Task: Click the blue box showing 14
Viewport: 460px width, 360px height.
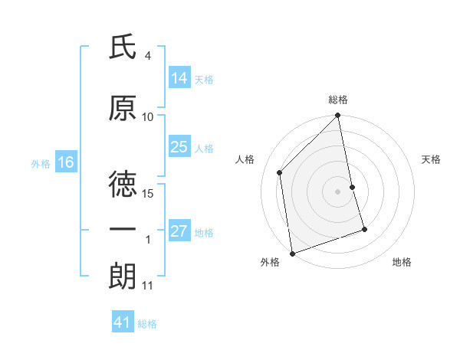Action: tap(179, 77)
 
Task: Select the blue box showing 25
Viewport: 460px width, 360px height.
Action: tap(179, 147)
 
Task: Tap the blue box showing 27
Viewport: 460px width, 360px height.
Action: tap(179, 232)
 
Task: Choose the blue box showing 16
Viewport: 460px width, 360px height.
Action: tap(66, 162)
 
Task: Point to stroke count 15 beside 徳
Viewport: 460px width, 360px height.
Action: tap(149, 194)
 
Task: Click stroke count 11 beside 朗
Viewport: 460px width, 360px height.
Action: tap(147, 286)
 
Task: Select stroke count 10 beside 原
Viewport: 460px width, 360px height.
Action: tap(148, 117)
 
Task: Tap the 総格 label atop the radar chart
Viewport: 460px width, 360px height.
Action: tap(338, 100)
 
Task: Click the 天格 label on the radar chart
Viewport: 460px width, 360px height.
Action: tap(432, 159)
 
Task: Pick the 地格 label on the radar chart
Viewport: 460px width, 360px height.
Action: tap(402, 262)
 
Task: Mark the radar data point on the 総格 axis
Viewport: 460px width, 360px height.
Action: tap(338, 116)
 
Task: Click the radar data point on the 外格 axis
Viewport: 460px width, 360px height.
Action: tap(292, 253)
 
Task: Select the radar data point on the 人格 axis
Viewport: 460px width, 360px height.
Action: tap(280, 172)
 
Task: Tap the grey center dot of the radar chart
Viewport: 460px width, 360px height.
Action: tap(338, 191)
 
